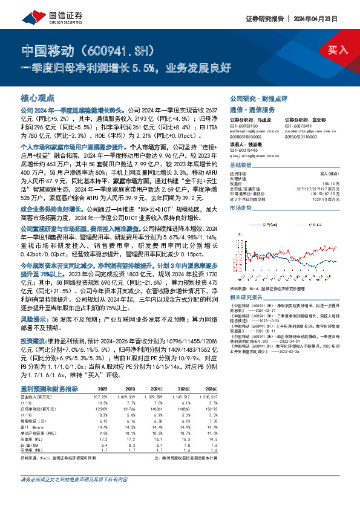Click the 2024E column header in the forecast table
[173, 387]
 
